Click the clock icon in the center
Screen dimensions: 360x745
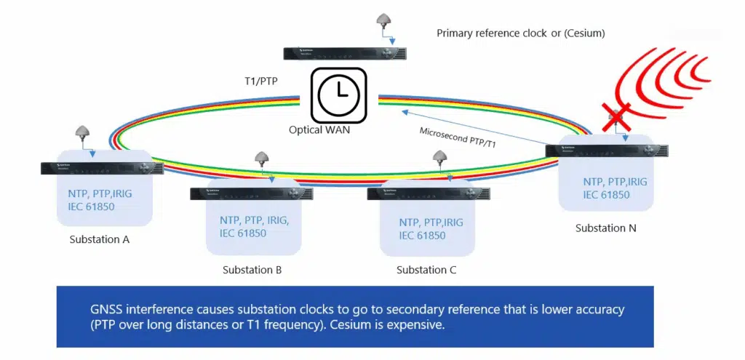[x=338, y=95]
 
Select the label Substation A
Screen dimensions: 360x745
[x=99, y=239]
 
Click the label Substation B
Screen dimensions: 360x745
[x=252, y=270]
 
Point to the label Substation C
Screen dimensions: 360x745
[x=426, y=270]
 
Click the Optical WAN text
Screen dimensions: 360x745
[x=320, y=130]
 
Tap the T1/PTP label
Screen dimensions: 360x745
[x=260, y=81]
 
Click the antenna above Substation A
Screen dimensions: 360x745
[x=83, y=134]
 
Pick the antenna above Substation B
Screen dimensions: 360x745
[x=262, y=158]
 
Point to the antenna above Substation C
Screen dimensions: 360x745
[x=439, y=158]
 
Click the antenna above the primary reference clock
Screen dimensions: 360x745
[x=385, y=21]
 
